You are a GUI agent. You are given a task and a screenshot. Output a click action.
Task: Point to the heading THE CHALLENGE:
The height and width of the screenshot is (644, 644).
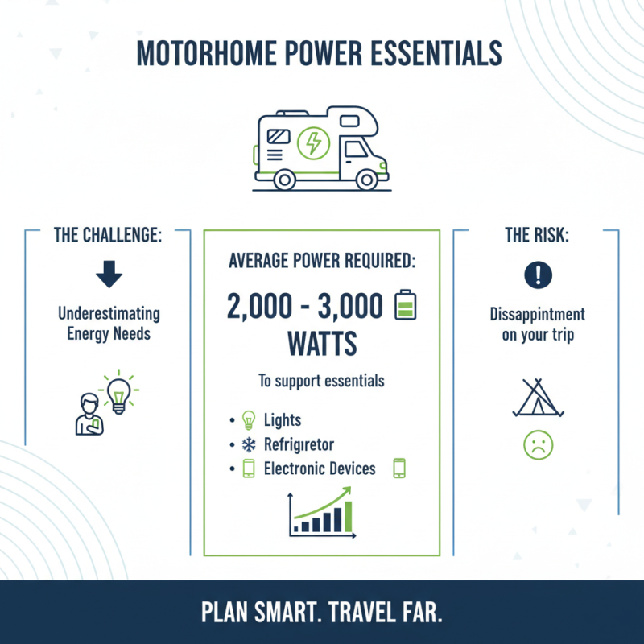click(x=109, y=236)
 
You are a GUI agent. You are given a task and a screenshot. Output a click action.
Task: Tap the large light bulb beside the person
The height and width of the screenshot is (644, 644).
click(x=119, y=394)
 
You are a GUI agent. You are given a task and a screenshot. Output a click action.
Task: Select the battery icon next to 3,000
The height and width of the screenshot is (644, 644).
click(x=404, y=307)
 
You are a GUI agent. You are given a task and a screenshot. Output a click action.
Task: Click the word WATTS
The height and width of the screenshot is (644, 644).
click(x=321, y=345)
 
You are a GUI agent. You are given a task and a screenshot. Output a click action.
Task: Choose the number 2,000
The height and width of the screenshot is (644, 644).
click(x=257, y=307)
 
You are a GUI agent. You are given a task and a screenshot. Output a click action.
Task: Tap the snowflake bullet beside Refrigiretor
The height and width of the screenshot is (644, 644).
click(x=247, y=444)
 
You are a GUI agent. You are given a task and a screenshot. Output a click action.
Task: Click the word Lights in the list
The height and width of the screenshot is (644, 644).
click(x=282, y=421)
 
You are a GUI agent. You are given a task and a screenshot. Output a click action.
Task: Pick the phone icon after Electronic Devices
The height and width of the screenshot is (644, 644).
click(x=398, y=469)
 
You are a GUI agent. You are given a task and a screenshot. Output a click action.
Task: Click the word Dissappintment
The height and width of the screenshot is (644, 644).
click(x=537, y=315)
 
